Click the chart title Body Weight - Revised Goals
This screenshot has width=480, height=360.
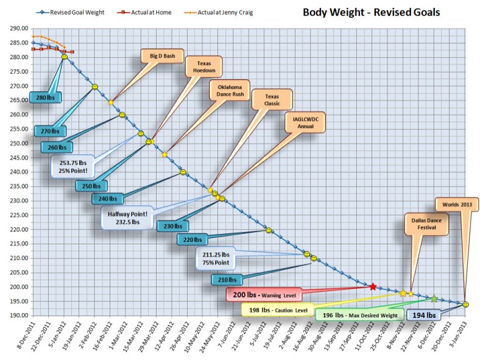point(372,12)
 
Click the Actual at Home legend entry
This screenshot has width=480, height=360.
point(144,12)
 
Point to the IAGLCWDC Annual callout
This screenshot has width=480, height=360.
point(305,122)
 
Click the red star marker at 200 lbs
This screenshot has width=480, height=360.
point(373,286)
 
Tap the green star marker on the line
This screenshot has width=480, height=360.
point(434,298)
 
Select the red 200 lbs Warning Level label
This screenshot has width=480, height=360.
point(263,295)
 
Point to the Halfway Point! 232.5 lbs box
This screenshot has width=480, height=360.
point(128,217)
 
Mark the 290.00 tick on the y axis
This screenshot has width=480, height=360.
point(19,29)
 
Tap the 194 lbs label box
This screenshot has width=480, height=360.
point(423,315)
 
